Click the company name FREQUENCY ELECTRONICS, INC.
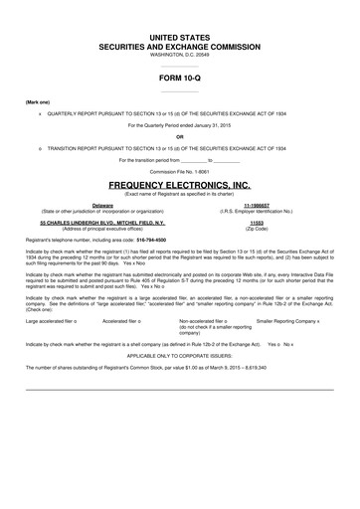coord(180,186)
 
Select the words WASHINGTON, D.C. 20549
coord(180,55)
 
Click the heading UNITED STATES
coord(180,36)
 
